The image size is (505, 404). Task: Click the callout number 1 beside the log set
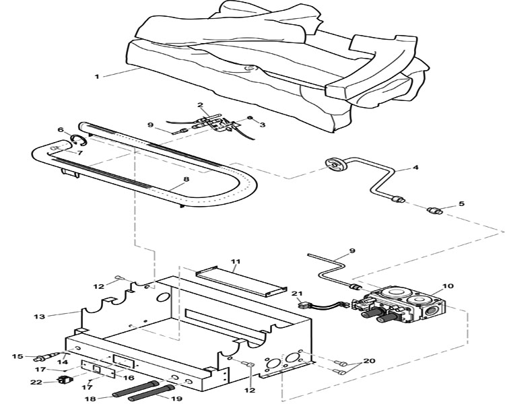[x=96, y=76]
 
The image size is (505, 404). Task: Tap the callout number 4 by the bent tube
[x=416, y=168]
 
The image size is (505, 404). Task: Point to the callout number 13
[x=39, y=316]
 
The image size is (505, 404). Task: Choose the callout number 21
[x=297, y=294]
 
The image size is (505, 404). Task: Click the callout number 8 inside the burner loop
[x=187, y=180]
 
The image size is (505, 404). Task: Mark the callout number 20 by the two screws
[x=369, y=361]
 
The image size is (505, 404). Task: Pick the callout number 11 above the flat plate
[x=236, y=261]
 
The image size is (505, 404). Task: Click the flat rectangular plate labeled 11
[x=241, y=281]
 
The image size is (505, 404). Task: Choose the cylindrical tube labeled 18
[x=135, y=389]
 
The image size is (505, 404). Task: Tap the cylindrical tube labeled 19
[x=151, y=393]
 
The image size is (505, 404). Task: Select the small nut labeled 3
[x=249, y=118]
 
